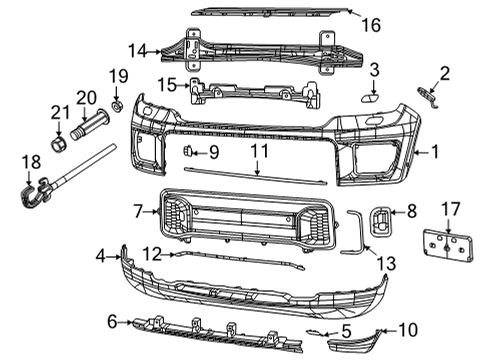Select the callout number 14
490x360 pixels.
point(136,48)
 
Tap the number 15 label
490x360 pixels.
point(166,83)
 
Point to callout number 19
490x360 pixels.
point(118,76)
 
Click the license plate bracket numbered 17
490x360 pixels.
point(447,248)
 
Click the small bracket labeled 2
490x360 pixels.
point(427,94)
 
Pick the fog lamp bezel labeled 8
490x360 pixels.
point(384,221)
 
